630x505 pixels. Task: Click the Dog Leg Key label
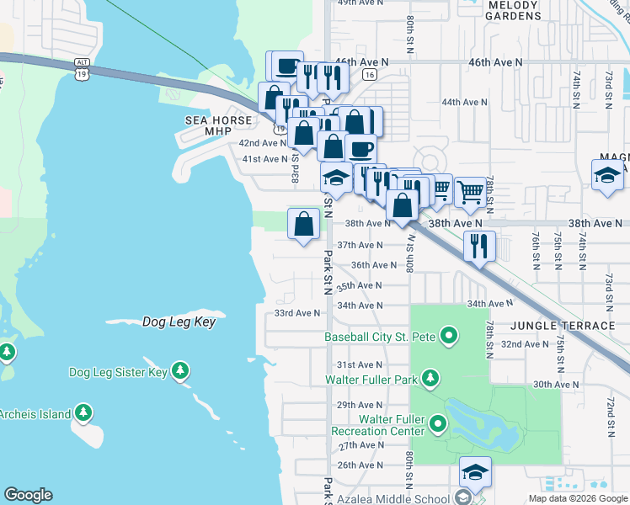point(179,322)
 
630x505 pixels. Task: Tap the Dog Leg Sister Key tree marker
point(179,371)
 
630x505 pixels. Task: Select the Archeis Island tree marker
point(83,412)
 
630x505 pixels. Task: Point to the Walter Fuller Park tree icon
point(430,379)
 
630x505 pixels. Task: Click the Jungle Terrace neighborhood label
point(563,326)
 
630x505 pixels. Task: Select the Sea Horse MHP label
point(218,126)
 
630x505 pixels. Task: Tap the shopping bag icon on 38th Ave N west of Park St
point(303,224)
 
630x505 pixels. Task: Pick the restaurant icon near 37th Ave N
point(478,246)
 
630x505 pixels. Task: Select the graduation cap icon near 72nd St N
point(608,176)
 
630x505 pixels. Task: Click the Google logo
point(28,495)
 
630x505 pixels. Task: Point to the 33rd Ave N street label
point(297,313)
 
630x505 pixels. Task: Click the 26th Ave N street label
point(360,465)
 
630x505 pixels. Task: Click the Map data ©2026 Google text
point(577,498)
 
